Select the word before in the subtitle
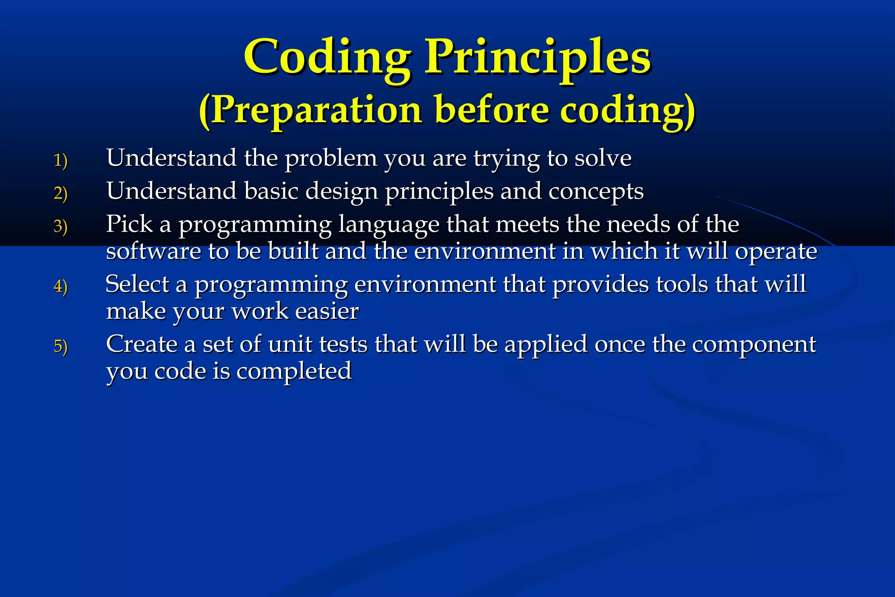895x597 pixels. pyautogui.click(x=492, y=111)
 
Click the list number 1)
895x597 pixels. pyautogui.click(x=60, y=160)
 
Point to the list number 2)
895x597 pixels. pyautogui.click(x=60, y=193)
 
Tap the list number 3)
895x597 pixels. pyautogui.click(x=60, y=227)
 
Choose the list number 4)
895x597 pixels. pyautogui.click(x=60, y=286)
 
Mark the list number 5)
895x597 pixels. pyautogui.click(x=60, y=346)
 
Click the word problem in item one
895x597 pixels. pyautogui.click(x=331, y=158)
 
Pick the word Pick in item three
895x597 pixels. pyautogui.click(x=129, y=224)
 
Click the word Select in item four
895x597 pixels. pyautogui.click(x=137, y=284)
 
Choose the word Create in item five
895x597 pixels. pyautogui.click(x=142, y=344)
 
